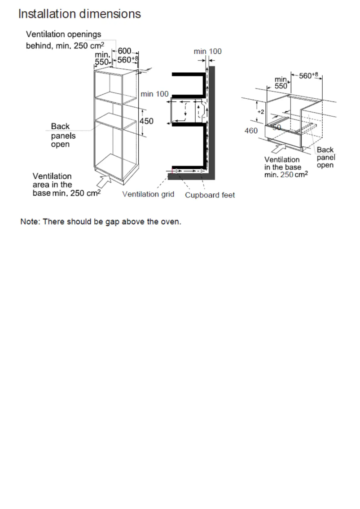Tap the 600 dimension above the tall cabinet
tap(124, 52)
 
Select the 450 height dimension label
tap(147, 121)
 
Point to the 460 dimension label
tap(251, 131)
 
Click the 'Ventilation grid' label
tap(148, 195)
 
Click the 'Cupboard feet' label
tap(210, 195)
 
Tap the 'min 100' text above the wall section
tap(207, 52)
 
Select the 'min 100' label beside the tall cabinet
tap(154, 94)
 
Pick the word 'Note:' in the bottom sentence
tap(30, 222)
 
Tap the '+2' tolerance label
tap(259, 110)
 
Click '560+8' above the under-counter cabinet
tap(307, 76)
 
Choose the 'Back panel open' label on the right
tap(325, 158)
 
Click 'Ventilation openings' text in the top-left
tap(63, 35)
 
